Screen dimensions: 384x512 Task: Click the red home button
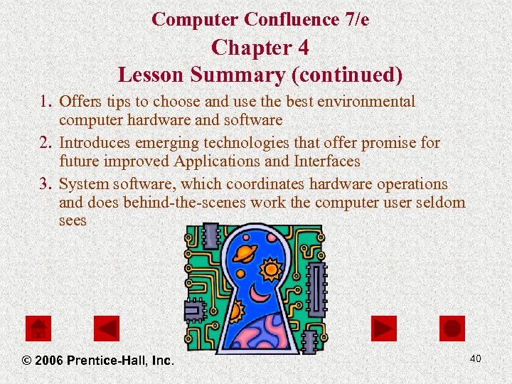38,328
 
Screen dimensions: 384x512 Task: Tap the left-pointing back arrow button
107,328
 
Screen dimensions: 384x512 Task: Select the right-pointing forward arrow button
384,328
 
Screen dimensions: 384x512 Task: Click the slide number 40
475,358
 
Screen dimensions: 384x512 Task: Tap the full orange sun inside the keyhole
271,270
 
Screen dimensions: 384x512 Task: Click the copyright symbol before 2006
26,361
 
